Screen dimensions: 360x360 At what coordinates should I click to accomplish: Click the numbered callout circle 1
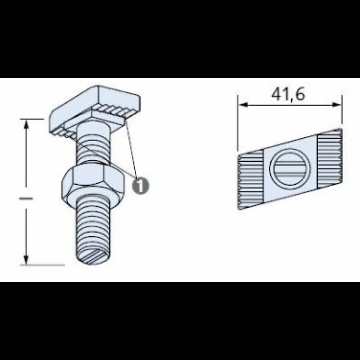(x=140, y=185)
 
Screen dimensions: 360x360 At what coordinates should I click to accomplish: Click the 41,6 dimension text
(x=288, y=94)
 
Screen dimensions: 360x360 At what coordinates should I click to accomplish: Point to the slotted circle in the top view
(x=289, y=167)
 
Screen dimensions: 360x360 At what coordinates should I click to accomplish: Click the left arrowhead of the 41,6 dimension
(x=243, y=105)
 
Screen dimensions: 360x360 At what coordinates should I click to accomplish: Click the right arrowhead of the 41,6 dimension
(x=337, y=105)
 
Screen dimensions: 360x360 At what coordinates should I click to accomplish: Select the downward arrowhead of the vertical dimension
(x=26, y=259)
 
